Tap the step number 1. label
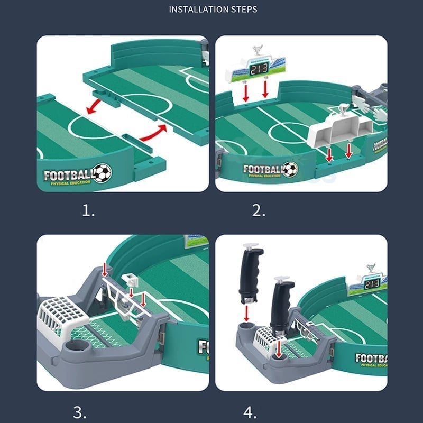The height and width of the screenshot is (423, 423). (x=88, y=212)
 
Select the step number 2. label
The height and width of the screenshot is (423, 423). (x=259, y=212)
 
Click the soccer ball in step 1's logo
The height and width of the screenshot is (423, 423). (x=102, y=172)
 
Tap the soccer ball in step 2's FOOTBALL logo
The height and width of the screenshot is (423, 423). (x=289, y=169)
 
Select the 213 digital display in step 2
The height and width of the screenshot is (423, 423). (x=259, y=69)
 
